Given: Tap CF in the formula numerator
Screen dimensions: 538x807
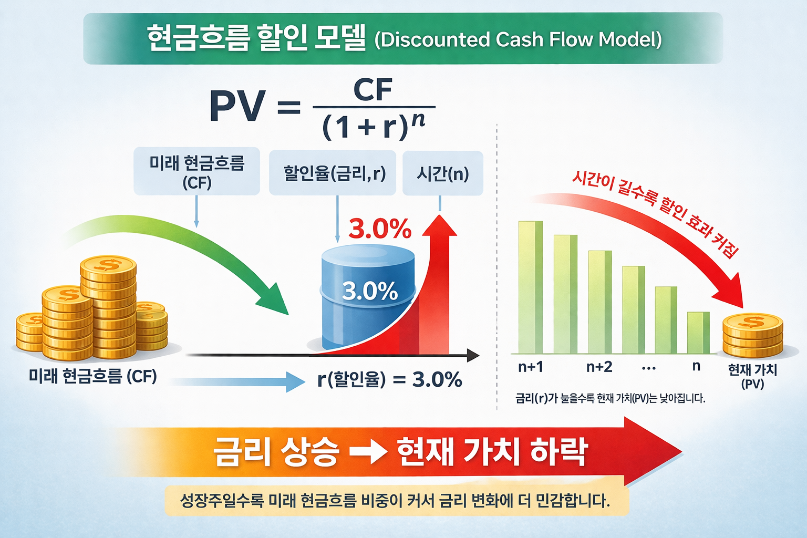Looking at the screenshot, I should click(373, 90).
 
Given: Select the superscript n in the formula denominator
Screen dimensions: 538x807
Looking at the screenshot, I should click(418, 120).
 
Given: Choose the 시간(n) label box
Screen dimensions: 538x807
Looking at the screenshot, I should click(442, 173).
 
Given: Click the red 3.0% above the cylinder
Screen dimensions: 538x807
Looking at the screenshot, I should click(380, 229).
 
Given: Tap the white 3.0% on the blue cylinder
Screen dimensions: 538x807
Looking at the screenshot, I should click(369, 291).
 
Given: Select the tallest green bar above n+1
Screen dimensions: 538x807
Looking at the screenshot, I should click(530, 286).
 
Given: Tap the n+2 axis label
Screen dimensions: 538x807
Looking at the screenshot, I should click(599, 367).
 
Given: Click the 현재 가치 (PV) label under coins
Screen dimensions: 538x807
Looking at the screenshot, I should click(752, 376).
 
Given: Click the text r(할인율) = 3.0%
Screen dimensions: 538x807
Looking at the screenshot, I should click(389, 379).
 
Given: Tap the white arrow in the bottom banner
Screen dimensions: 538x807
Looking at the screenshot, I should click(368, 452).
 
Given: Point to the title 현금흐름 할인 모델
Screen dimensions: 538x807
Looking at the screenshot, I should click(256, 38).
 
